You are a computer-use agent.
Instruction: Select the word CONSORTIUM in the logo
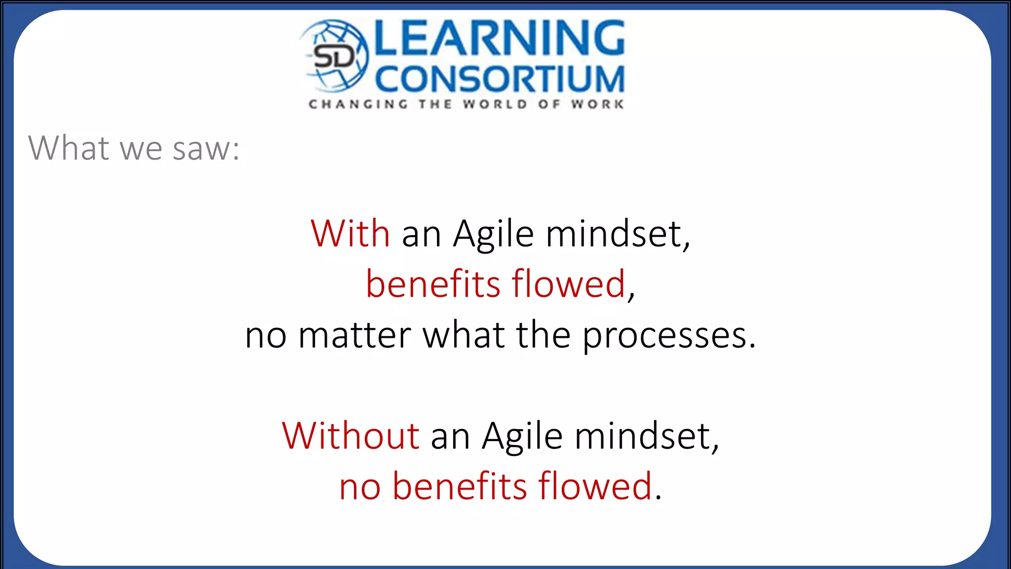point(500,79)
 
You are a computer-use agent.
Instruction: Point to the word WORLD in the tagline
point(494,104)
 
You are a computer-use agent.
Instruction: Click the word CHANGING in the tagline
point(358,104)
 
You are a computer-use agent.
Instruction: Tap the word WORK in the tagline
point(597,104)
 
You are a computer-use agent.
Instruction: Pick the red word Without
point(351,436)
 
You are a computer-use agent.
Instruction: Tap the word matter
point(355,335)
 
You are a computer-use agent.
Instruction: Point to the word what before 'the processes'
point(464,335)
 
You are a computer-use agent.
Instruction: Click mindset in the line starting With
point(617,233)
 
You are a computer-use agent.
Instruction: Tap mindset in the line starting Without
point(646,436)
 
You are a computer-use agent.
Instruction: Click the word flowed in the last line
point(595,486)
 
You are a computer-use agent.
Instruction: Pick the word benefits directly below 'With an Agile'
point(433,284)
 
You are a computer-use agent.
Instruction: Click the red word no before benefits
point(360,487)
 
